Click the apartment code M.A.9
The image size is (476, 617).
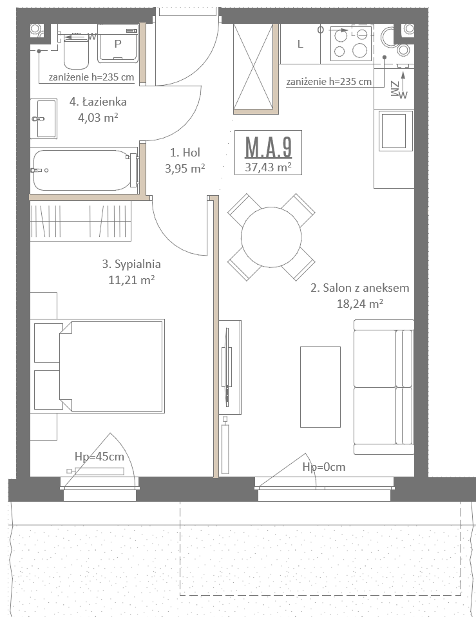269,147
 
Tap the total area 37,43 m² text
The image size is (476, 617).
269,167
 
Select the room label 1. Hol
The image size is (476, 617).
185,152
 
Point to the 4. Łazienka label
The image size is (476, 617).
98,102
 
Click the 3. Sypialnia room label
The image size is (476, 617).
131,263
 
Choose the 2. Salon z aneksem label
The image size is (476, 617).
360,288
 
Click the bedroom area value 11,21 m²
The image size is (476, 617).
131,280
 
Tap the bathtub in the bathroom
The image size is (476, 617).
84,171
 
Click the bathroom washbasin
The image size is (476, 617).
44,119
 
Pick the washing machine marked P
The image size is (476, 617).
118,44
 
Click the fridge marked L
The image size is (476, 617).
300,44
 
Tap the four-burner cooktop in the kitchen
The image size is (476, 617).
351,43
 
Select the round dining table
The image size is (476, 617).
271,237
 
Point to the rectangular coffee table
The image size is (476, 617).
320,387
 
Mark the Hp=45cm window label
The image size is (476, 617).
99,457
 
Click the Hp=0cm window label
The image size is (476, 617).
324,467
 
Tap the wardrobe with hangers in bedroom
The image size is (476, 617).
81,221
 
